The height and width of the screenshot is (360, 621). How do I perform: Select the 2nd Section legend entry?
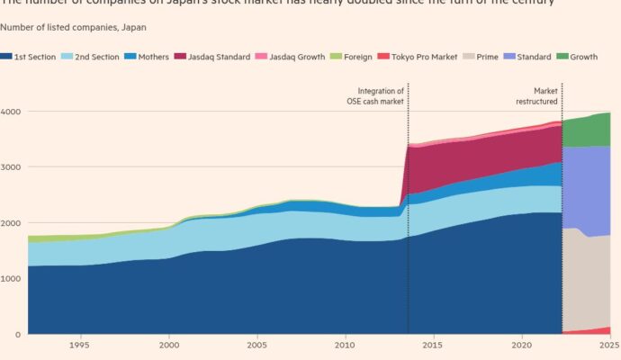click(x=93, y=57)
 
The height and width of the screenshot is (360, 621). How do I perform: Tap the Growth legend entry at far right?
click(x=591, y=57)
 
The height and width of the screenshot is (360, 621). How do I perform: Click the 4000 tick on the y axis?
click(x=12, y=112)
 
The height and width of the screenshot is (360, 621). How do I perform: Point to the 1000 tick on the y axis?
click(x=12, y=279)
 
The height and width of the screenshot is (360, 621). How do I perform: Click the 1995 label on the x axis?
click(x=79, y=346)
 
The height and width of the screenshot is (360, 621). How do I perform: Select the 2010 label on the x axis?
click(x=345, y=346)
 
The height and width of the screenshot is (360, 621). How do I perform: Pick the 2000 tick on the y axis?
click(x=12, y=223)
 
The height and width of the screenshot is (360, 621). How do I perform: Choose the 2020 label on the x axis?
click(x=522, y=346)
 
